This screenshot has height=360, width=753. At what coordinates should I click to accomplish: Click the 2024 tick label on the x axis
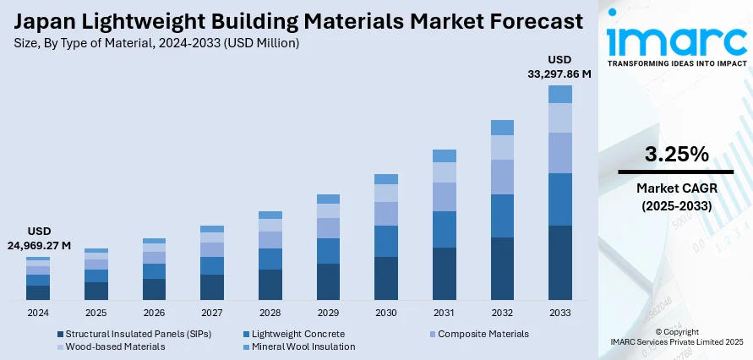37,313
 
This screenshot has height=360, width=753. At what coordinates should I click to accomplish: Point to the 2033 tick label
560,313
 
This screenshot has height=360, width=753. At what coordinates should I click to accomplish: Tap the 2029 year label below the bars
328,313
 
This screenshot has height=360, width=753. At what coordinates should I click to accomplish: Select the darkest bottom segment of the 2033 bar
560,263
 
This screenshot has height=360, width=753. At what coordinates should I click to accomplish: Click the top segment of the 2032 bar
502,128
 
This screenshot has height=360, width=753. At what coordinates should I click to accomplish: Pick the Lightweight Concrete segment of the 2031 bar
445,229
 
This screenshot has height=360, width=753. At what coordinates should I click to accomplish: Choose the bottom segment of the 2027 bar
212,287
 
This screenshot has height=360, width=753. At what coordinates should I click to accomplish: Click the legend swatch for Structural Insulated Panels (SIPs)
61,334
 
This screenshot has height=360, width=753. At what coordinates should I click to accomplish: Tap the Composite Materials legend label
483,334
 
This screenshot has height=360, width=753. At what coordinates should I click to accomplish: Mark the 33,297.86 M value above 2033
559,74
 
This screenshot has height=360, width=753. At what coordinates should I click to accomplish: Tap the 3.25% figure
676,155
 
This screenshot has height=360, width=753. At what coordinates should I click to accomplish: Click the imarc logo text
676,42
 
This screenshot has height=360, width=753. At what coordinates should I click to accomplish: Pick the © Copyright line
676,331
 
